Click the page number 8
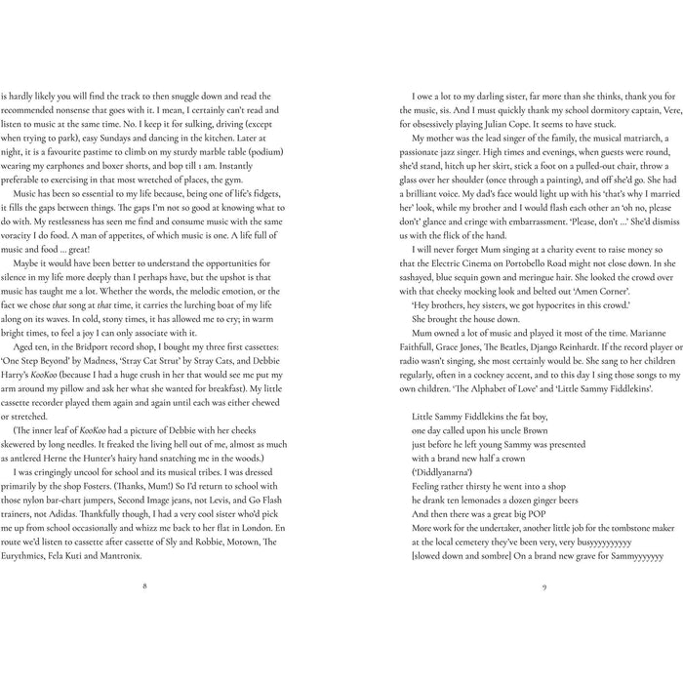click(x=144, y=586)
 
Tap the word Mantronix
click(x=116, y=557)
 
